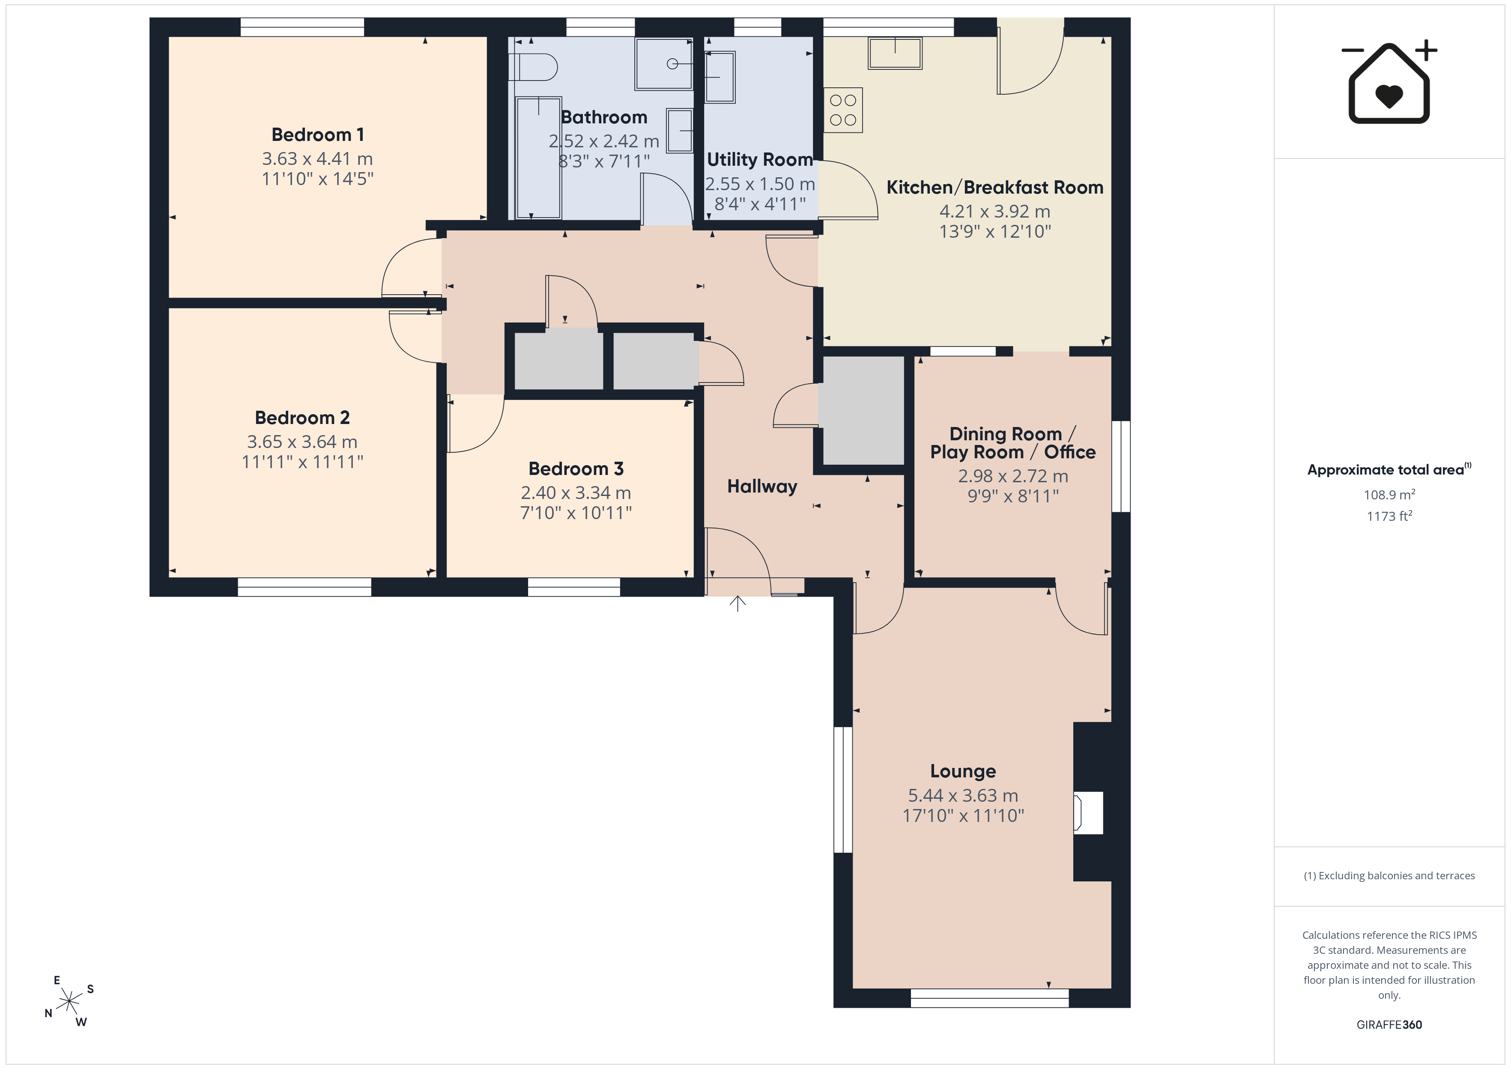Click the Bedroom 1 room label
coord(317,135)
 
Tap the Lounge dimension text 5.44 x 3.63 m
coord(963,795)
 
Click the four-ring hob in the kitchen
coord(843,110)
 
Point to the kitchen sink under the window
coord(895,53)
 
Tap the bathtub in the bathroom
coord(538,158)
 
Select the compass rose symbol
coord(69,1002)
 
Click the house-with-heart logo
coord(1389,82)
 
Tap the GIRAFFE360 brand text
coord(1389,1025)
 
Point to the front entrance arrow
coord(738,603)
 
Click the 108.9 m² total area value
coord(1389,494)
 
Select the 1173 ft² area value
coord(1389,516)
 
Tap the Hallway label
coord(762,487)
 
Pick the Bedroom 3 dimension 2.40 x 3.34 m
coord(576,493)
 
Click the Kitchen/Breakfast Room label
coord(994,188)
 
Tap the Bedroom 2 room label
coord(302,418)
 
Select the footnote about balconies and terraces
coord(1389,875)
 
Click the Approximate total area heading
coord(1389,469)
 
